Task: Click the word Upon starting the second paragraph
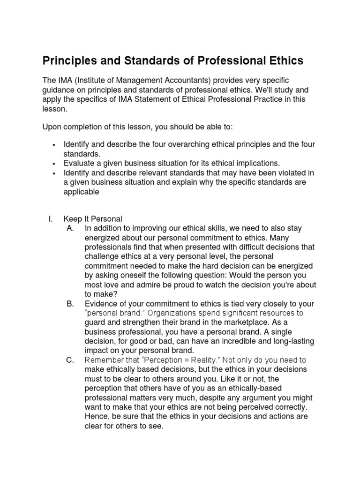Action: tap(52, 127)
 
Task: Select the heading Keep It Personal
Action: tap(93, 219)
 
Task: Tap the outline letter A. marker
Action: tap(71, 228)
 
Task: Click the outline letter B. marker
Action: tap(71, 304)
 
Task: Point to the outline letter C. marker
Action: tap(71, 360)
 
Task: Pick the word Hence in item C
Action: tap(96, 416)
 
